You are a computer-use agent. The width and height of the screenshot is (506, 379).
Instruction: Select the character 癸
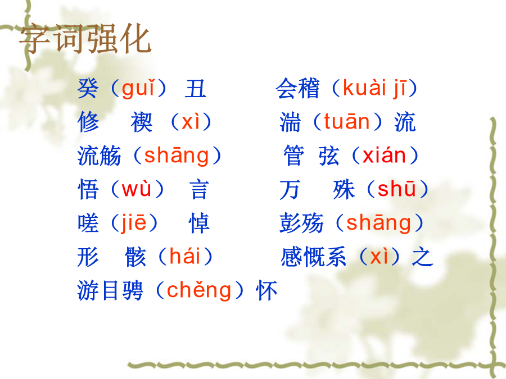[x=88, y=88]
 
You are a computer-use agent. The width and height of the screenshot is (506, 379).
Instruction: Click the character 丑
[x=196, y=88]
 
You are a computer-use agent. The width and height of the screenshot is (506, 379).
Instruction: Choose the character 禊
[x=141, y=122]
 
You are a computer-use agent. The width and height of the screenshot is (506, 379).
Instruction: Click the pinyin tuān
[x=346, y=121]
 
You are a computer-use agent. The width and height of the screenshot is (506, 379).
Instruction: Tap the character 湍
[x=290, y=122]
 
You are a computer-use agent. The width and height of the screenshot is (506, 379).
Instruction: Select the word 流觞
[x=99, y=156]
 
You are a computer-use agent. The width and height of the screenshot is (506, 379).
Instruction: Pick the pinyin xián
[x=384, y=156]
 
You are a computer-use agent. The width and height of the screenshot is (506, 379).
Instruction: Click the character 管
[x=293, y=156]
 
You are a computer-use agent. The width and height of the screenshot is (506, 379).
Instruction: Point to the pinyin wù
[x=136, y=189]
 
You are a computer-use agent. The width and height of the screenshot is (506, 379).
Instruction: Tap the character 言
[x=199, y=190]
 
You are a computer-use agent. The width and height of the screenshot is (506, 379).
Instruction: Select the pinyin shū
[x=396, y=189]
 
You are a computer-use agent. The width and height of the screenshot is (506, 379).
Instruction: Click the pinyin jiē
[x=134, y=222]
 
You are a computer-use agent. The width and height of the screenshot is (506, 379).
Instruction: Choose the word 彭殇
[x=301, y=223]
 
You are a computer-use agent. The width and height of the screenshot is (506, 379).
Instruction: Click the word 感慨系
[x=313, y=257]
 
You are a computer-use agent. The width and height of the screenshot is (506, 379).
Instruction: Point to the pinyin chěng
[x=199, y=290]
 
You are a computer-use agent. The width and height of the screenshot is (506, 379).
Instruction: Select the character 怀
[x=266, y=290]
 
